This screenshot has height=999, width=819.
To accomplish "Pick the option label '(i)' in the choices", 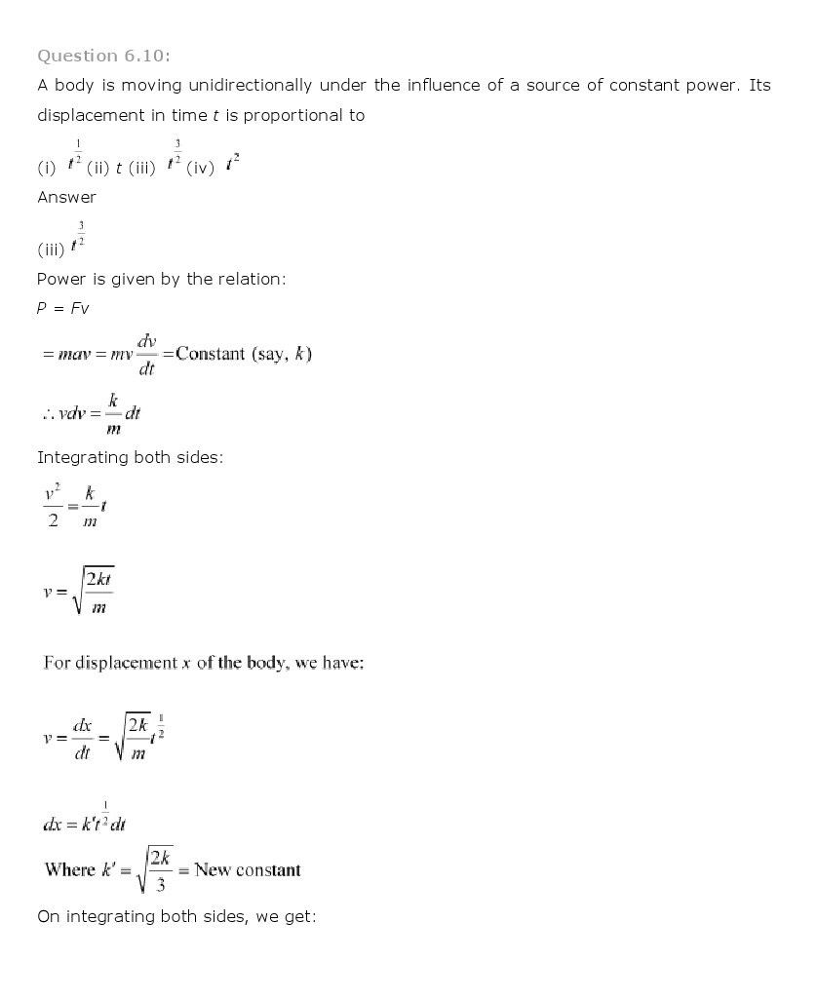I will coord(47,168).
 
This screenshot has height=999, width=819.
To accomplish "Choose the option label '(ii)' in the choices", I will coord(97,168).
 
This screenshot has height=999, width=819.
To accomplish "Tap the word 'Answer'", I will coord(66,197).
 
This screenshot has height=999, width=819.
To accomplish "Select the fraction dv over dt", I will coord(146,355).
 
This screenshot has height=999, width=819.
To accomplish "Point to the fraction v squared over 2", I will coord(53,508).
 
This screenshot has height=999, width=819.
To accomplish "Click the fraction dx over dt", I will coord(82,739).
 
